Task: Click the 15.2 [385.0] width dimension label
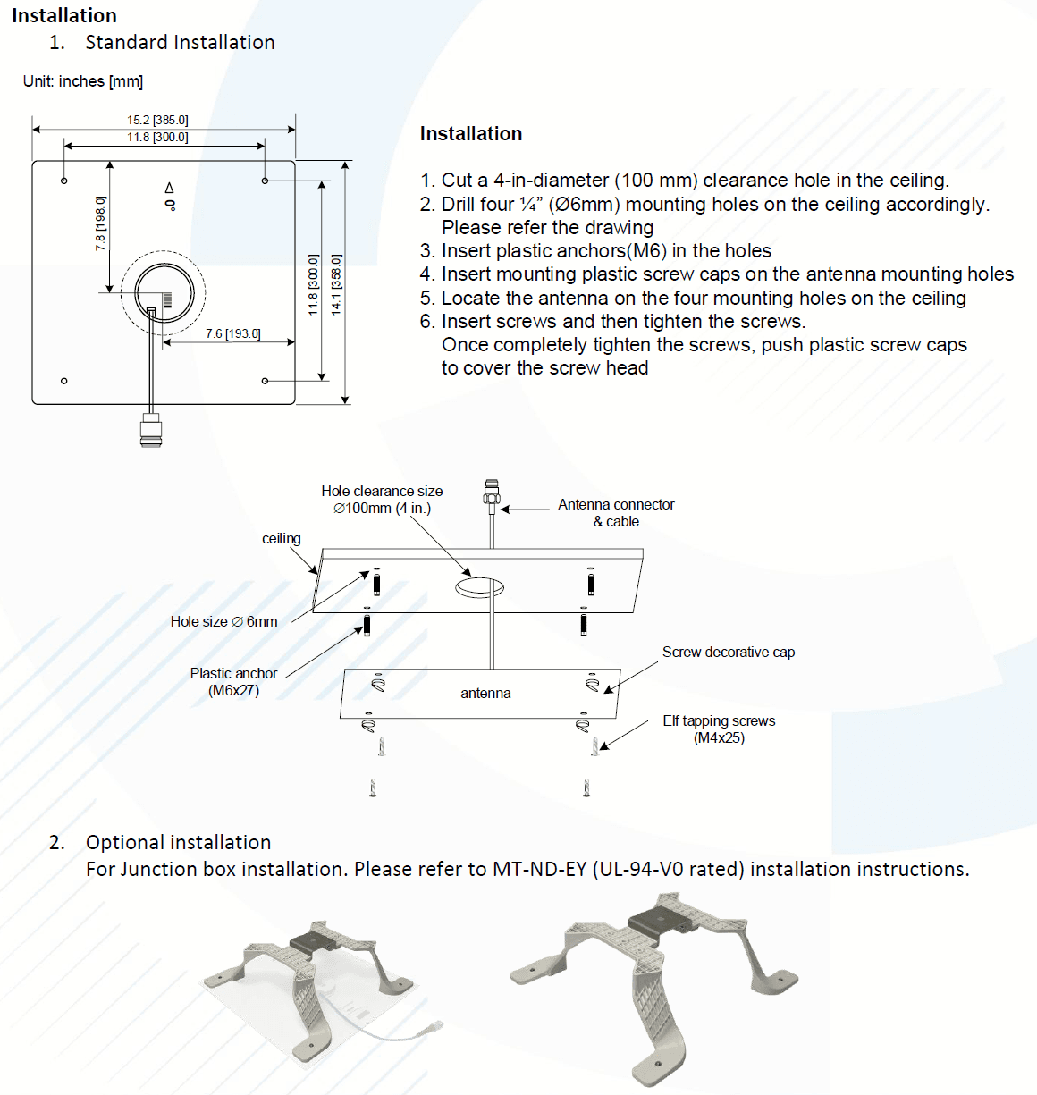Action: click(x=157, y=120)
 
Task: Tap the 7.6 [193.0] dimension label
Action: click(x=232, y=333)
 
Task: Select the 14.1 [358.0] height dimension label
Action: click(x=336, y=284)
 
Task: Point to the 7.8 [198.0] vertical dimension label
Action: click(x=100, y=223)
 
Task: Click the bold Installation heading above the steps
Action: click(x=471, y=134)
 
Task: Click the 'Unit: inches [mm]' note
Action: click(x=83, y=81)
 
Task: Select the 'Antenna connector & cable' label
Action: click(x=616, y=513)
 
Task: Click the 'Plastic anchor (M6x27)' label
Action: click(x=233, y=682)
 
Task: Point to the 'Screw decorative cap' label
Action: click(x=729, y=653)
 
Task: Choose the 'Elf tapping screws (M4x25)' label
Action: click(x=719, y=729)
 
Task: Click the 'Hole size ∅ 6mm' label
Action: click(x=223, y=622)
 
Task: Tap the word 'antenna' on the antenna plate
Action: click(x=485, y=694)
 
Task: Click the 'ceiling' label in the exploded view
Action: click(x=281, y=539)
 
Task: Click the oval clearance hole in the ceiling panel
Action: click(x=480, y=587)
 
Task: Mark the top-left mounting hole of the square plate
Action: click(x=64, y=181)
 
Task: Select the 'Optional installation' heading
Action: click(x=178, y=843)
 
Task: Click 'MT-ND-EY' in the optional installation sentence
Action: click(x=539, y=870)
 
